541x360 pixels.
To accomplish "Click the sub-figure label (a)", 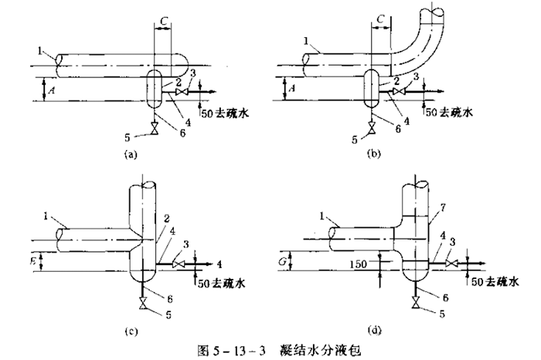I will click(x=130, y=155).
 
